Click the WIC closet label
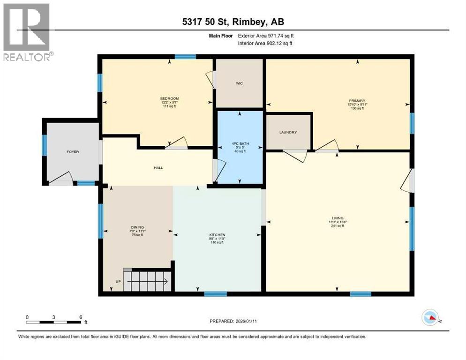[239, 84]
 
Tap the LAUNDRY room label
[288, 132]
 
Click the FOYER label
[72, 152]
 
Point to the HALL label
[158, 167]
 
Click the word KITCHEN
[217, 234]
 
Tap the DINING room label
[137, 227]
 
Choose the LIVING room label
[338, 218]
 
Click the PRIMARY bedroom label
[356, 100]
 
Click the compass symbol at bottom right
[429, 318]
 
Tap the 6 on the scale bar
[81, 317]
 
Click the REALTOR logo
[27, 32]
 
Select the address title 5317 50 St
[233, 21]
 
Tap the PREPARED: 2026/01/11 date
[232, 321]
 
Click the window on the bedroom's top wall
[185, 57]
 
